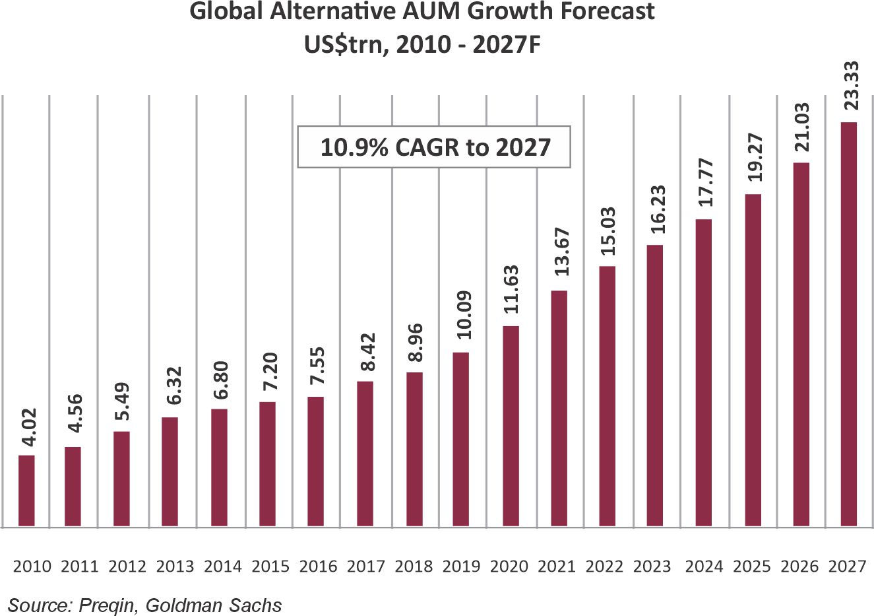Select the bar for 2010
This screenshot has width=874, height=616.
[x=26, y=491]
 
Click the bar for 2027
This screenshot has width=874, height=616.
[x=848, y=324]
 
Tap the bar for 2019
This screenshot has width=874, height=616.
[x=462, y=439]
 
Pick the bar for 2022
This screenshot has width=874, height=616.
[x=608, y=396]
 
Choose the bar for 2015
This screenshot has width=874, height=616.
[x=267, y=464]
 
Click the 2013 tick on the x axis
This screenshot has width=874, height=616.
[x=175, y=566]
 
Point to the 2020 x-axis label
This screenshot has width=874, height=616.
[x=509, y=566]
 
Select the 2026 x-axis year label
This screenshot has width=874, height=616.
[x=799, y=566]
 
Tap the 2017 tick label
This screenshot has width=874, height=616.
[x=366, y=566]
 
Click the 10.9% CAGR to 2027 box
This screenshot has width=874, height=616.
[x=434, y=147]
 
